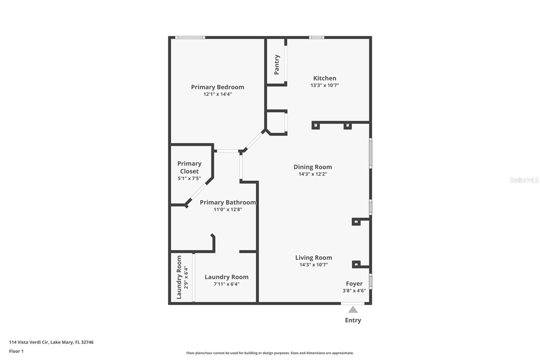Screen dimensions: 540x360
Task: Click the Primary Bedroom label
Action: pos(217,87)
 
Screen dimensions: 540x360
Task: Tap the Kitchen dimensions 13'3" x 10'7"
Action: pos(325,85)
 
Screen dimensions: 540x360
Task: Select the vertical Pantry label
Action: pos(277,65)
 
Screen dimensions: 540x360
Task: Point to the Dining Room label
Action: pos(313,167)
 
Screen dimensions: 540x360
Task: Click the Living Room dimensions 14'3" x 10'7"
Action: pos(314,265)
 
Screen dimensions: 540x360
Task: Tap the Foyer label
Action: pos(354,284)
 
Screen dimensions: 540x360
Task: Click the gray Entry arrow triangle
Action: pos(353,309)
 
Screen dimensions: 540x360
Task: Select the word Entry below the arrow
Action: pos(353,320)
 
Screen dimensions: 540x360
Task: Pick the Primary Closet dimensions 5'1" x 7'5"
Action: pos(189,179)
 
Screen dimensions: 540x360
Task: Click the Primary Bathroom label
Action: pos(228,202)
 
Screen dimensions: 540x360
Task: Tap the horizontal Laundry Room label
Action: pos(226,277)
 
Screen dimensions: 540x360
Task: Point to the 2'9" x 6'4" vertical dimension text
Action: pos(186,277)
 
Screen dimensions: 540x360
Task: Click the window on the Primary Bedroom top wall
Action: pos(190,37)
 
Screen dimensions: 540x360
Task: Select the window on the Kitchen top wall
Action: pos(317,37)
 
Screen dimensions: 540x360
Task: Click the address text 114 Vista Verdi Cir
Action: pos(29,342)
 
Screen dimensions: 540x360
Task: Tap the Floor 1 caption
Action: pos(17,351)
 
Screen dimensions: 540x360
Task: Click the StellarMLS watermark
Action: pos(524,180)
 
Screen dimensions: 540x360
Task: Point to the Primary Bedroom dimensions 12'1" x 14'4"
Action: pos(217,94)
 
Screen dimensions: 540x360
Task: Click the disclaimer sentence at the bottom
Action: pos(270,353)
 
